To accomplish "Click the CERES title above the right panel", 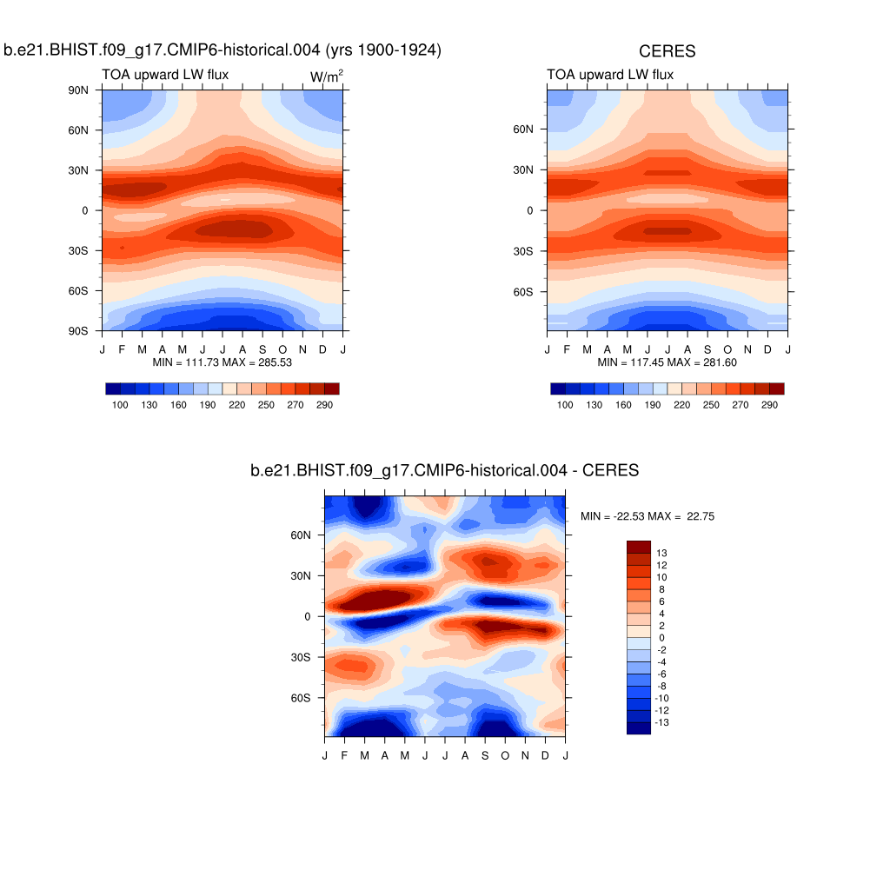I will pyautogui.click(x=667, y=52).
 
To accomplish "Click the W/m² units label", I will pyautogui.click(x=327, y=76).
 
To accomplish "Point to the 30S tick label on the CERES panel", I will pyautogui.click(x=525, y=251).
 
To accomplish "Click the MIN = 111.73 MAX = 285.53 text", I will pyautogui.click(x=222, y=362).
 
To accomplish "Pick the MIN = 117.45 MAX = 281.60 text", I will pyautogui.click(x=667, y=362).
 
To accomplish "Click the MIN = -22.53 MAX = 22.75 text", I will pyautogui.click(x=648, y=516).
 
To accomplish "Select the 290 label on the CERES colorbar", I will pyautogui.click(x=769, y=405).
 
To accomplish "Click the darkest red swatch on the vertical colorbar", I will pyautogui.click(x=638, y=546).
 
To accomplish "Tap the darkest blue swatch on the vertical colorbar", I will pyautogui.click(x=638, y=728).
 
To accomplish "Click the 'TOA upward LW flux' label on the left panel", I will pyautogui.click(x=165, y=75).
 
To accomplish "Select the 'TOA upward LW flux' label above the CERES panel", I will pyautogui.click(x=610, y=75).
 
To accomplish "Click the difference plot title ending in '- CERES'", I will pyautogui.click(x=444, y=471).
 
